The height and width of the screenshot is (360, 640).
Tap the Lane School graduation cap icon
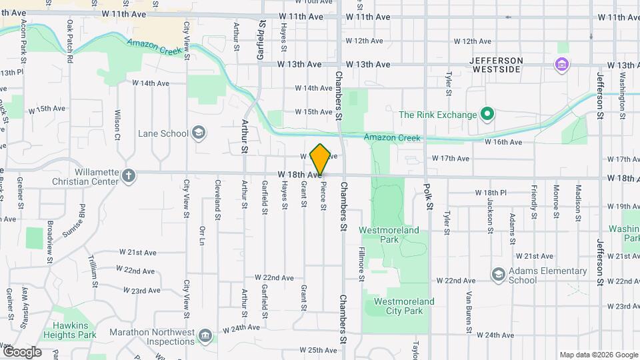pos(198,133)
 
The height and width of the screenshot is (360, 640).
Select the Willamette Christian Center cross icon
pos(129,175)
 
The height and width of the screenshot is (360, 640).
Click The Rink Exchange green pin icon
pos(487,114)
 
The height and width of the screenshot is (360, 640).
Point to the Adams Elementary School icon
pos(498,275)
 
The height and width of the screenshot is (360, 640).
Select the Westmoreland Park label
pos(389,235)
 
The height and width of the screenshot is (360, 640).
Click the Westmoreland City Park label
pos(403,306)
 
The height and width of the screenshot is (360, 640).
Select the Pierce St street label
pos(323,198)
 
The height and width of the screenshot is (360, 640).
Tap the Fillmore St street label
pos(361,264)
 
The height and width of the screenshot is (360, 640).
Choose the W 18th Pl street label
pos(491,193)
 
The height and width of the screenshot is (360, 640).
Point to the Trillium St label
pos(94,271)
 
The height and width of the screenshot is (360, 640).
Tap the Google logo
pos(22,351)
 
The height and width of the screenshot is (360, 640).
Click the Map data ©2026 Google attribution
pos(598,355)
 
